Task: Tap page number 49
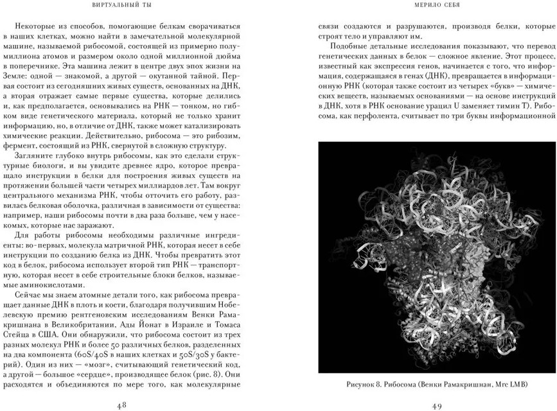coord(437,404)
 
